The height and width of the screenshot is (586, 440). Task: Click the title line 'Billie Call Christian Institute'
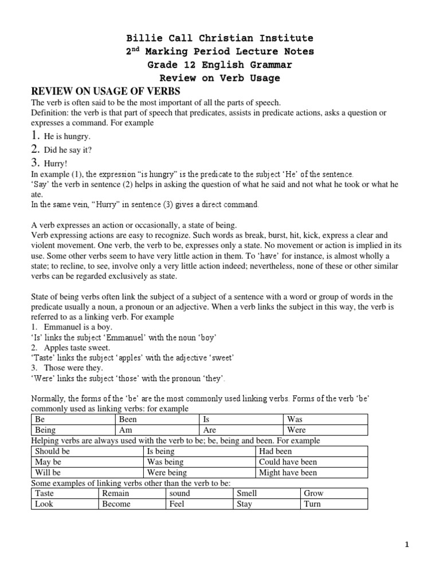coord(219,38)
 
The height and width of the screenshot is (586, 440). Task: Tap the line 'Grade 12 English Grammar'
coord(219,65)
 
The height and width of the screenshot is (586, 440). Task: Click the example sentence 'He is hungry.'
coord(67,137)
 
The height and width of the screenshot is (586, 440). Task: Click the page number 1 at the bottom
coord(407,545)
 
